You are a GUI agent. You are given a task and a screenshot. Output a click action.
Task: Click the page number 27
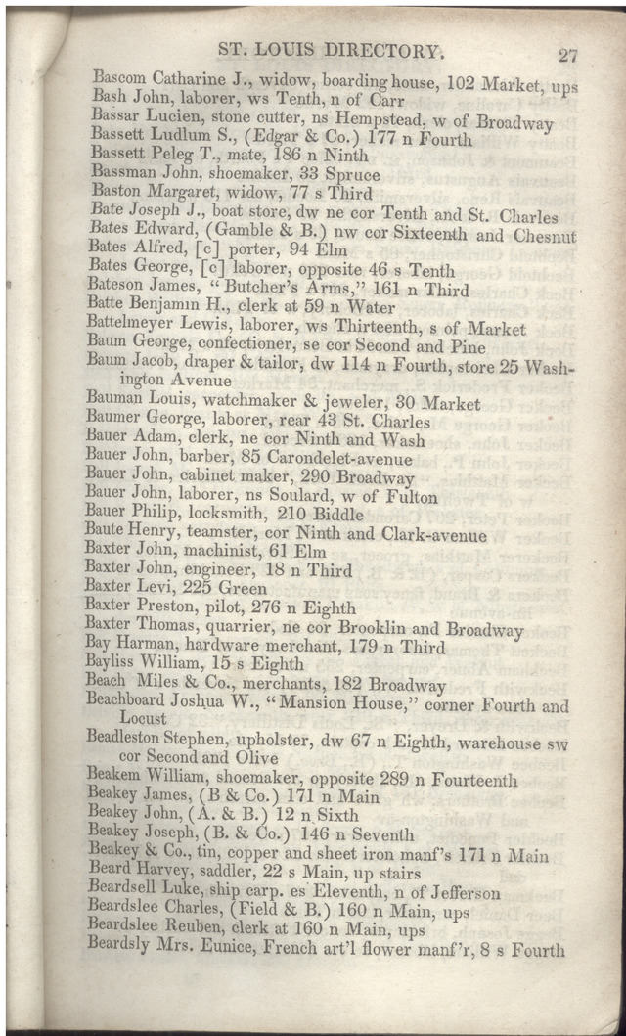(x=567, y=55)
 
